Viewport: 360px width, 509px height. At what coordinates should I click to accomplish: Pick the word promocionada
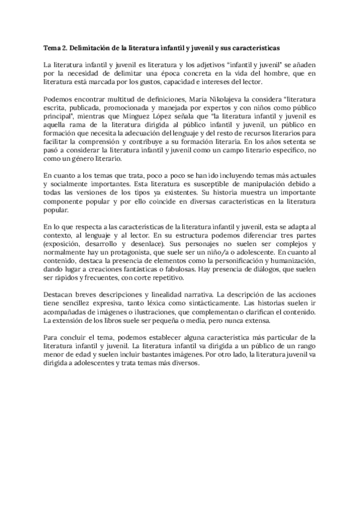136,107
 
